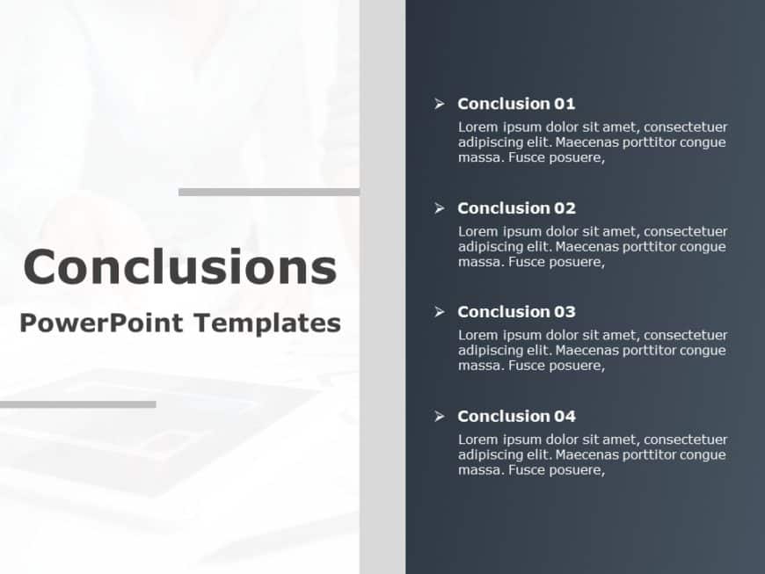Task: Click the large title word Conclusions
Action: pyautogui.click(x=180, y=266)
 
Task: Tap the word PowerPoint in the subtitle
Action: pyautogui.click(x=101, y=323)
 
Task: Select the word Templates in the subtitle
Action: pyautogui.click(x=267, y=323)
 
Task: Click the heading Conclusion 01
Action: pyautogui.click(x=516, y=104)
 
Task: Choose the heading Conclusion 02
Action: pyautogui.click(x=516, y=207)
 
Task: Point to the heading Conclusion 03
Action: pyautogui.click(x=516, y=312)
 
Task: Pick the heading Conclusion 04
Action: pyautogui.click(x=516, y=416)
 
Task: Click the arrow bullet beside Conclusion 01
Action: pyautogui.click(x=440, y=104)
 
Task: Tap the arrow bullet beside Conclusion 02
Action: pyautogui.click(x=440, y=208)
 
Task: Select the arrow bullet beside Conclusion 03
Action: pyautogui.click(x=440, y=312)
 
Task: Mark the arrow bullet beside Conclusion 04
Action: pyautogui.click(x=440, y=416)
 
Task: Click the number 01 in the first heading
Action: pyautogui.click(x=565, y=104)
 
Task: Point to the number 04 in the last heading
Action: pyautogui.click(x=565, y=416)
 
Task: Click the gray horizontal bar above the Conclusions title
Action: pyautogui.click(x=269, y=193)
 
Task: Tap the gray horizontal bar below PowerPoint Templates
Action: pyautogui.click(x=78, y=404)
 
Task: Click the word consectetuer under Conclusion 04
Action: pyautogui.click(x=686, y=440)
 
